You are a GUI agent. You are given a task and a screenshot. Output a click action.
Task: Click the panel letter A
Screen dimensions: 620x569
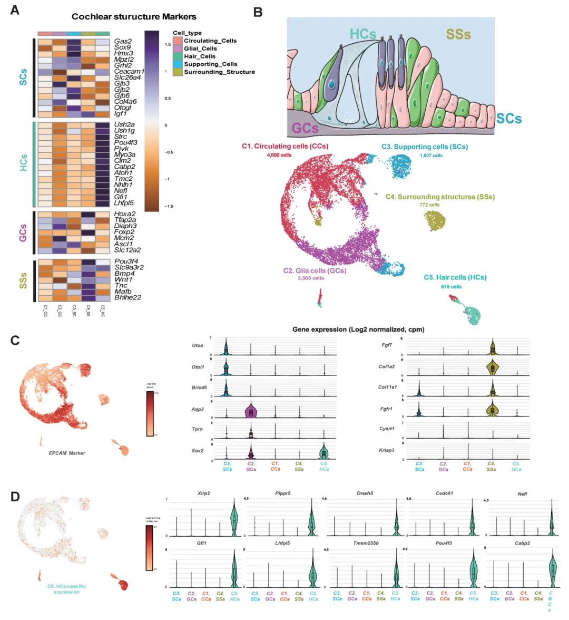tap(15, 9)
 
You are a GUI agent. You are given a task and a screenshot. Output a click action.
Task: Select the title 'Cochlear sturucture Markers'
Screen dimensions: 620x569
tap(134, 16)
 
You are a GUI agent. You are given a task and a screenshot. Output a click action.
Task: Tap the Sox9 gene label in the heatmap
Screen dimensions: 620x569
tap(122, 47)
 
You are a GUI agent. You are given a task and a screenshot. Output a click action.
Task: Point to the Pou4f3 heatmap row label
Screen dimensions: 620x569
tap(125, 142)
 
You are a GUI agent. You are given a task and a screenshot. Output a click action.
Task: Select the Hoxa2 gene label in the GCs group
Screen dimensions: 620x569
tap(124, 214)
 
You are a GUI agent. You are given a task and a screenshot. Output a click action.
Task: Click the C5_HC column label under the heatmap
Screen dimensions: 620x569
tap(103, 311)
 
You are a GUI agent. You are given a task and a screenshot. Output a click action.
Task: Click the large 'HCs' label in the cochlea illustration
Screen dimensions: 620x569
tap(363, 34)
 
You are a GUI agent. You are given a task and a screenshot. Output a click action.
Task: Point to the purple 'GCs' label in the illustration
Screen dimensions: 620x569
tap(305, 128)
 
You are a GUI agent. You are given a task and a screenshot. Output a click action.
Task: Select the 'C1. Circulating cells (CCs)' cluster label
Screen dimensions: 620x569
tap(284, 146)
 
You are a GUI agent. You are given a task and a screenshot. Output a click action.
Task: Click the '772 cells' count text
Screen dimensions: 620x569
tap(430, 205)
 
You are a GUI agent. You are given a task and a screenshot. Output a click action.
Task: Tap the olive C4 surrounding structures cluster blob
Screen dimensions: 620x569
tap(435, 220)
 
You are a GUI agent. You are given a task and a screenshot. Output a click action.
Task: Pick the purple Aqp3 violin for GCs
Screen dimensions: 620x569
tap(251, 411)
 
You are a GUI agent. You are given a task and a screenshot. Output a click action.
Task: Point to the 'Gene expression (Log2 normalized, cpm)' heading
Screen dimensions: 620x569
tap(358, 330)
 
